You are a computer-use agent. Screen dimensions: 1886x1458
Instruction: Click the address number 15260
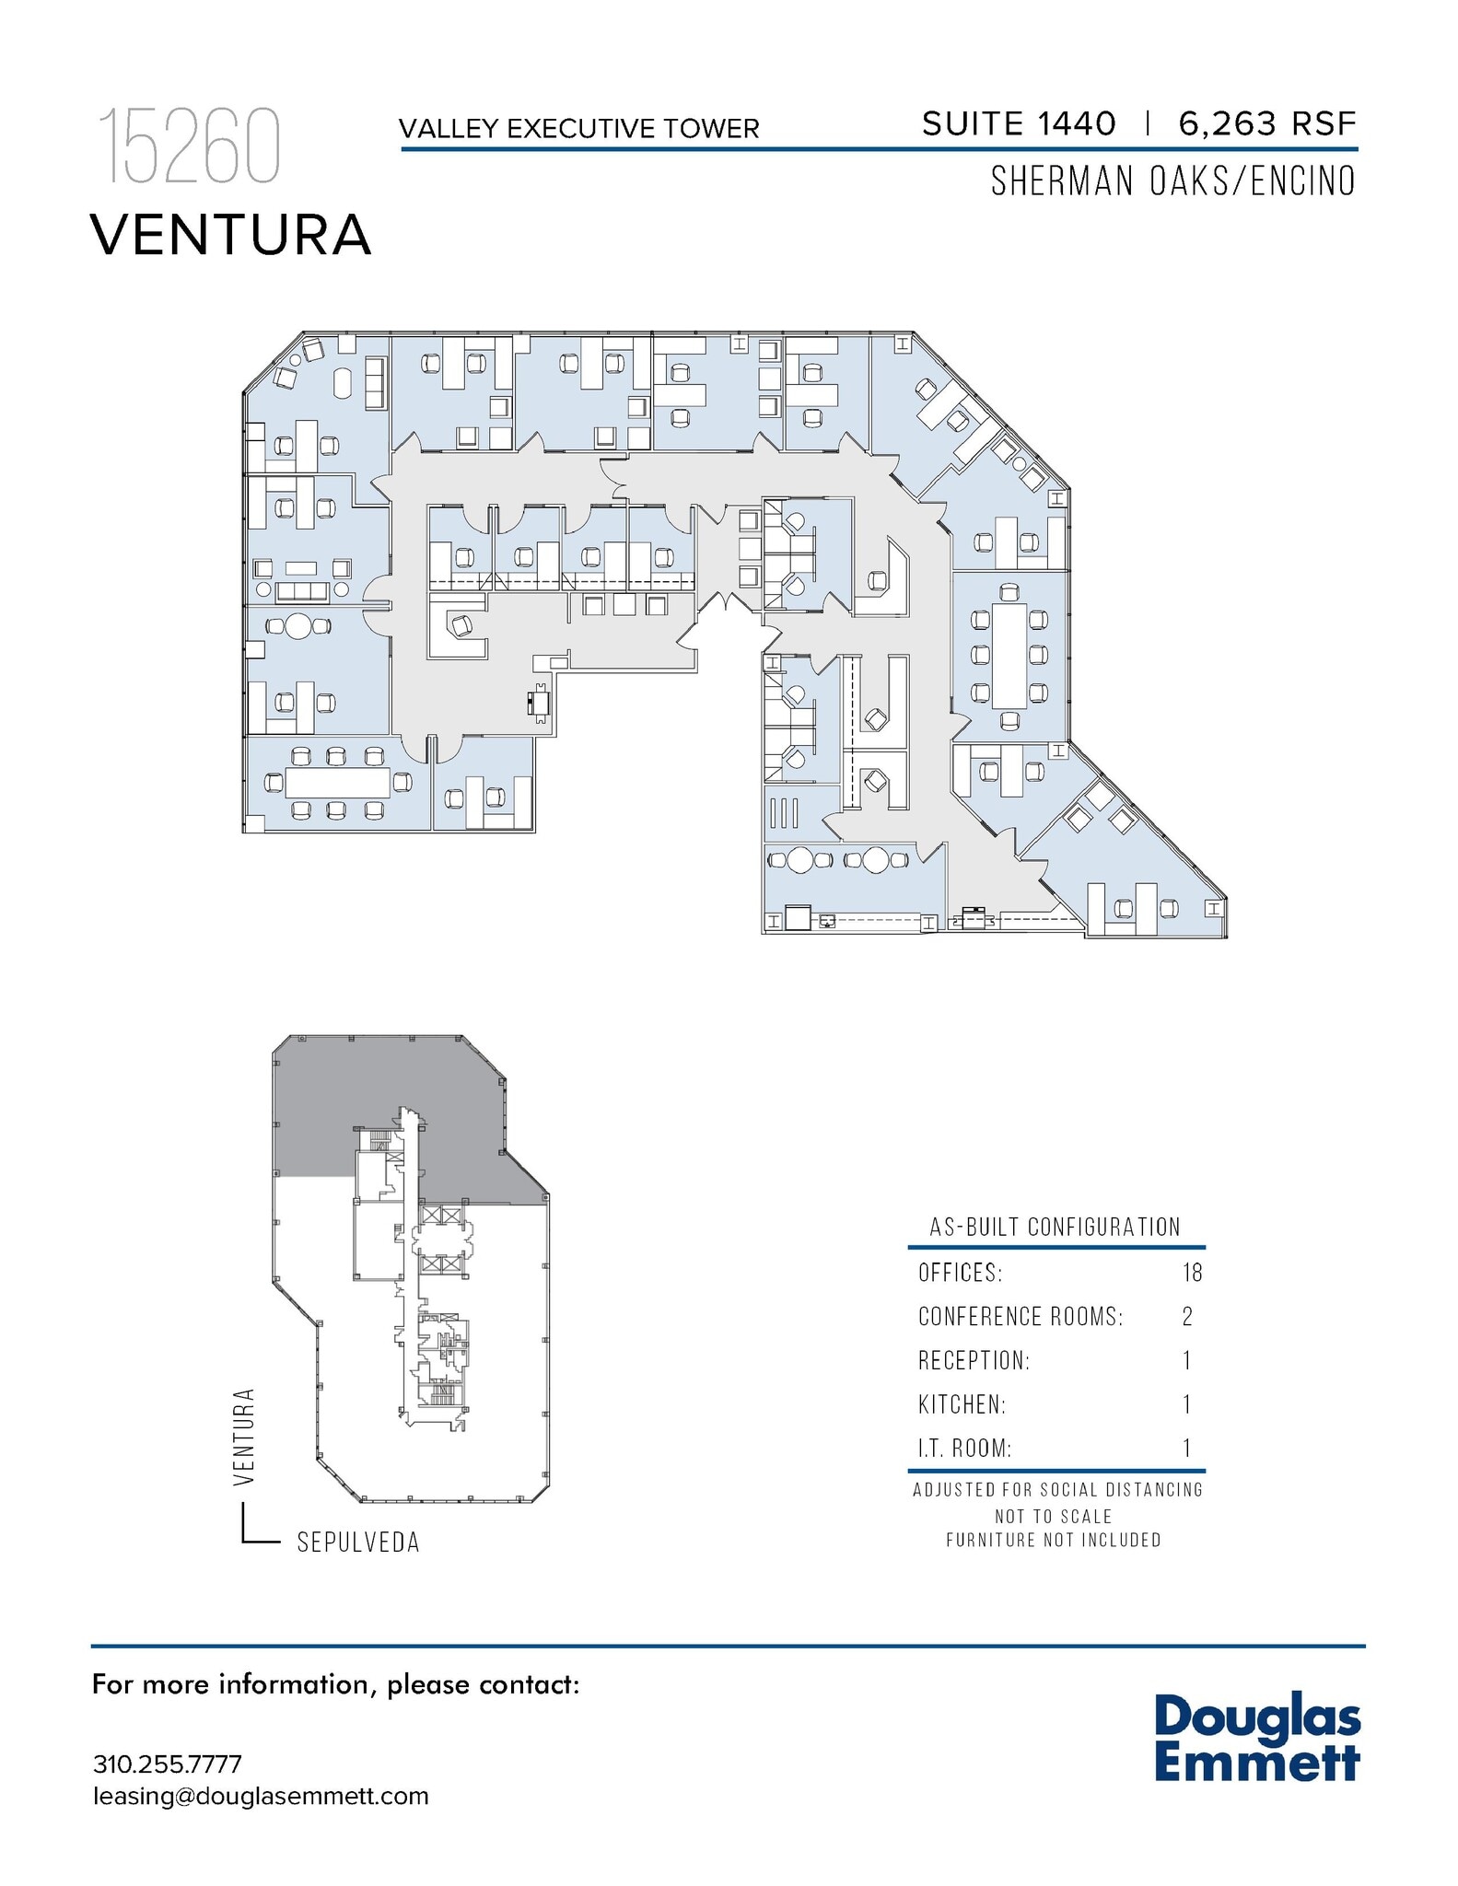pyautogui.click(x=189, y=147)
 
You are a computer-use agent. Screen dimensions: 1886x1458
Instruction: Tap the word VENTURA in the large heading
pyautogui.click(x=230, y=235)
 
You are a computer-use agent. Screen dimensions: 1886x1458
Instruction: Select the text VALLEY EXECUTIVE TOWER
pyautogui.click(x=578, y=129)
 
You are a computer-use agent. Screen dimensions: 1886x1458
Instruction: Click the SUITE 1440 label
pyautogui.click(x=1018, y=123)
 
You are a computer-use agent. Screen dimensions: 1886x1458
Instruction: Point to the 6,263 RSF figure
pyautogui.click(x=1266, y=123)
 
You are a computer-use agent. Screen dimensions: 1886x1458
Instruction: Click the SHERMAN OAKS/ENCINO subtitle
pyautogui.click(x=1172, y=181)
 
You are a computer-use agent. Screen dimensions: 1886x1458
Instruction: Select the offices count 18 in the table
pyautogui.click(x=1192, y=1273)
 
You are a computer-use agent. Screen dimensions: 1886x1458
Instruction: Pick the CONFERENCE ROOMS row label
pyautogui.click(x=1020, y=1317)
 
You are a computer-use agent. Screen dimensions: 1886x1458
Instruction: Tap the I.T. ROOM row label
pyautogui.click(x=964, y=1448)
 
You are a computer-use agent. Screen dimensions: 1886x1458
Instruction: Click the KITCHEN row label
pyautogui.click(x=962, y=1404)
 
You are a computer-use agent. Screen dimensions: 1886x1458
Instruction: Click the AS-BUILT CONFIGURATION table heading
pyautogui.click(x=1055, y=1228)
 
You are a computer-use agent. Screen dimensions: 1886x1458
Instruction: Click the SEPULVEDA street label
pyautogui.click(x=358, y=1543)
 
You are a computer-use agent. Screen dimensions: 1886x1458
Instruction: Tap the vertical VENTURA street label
pyautogui.click(x=244, y=1437)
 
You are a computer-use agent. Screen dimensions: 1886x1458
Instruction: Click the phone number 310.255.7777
pyautogui.click(x=167, y=1764)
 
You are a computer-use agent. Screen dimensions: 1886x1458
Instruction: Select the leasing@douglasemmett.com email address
pyautogui.click(x=261, y=1797)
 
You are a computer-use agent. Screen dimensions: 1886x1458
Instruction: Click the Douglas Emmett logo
pyautogui.click(x=1257, y=1737)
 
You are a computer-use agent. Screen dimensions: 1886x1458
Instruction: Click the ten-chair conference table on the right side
pyautogui.click(x=1009, y=655)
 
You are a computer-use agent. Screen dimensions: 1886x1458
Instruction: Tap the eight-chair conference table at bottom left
pyautogui.click(x=337, y=783)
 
